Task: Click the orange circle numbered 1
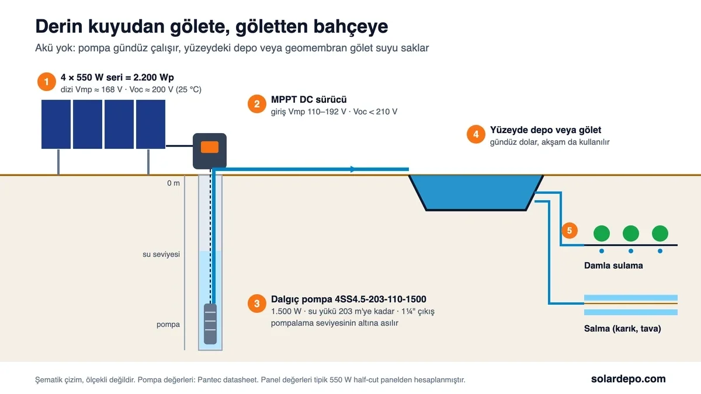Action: coord(47,82)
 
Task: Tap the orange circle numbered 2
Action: coord(257,104)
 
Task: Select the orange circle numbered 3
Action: coord(257,304)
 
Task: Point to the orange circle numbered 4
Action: coord(476,134)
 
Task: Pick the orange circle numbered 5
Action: coord(570,231)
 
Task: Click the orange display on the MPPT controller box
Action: coord(210,147)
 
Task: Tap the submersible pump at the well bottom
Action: coord(210,324)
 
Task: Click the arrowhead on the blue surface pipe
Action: coord(353,169)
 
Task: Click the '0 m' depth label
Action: coord(173,183)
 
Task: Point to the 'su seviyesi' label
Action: coord(161,254)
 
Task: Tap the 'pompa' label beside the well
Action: coord(168,325)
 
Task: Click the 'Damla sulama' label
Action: coord(613,266)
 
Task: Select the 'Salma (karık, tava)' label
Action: coord(623,329)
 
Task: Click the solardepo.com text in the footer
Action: coord(629,379)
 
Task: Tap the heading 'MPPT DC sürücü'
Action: coord(309,99)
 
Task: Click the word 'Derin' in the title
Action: coord(59,26)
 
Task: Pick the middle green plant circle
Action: coord(630,233)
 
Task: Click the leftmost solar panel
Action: coord(56,124)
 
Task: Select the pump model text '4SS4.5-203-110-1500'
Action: coord(380,299)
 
